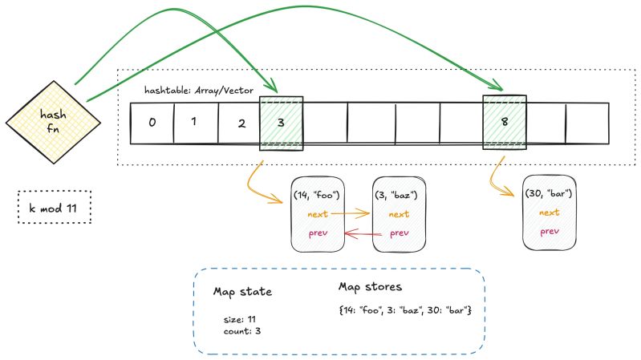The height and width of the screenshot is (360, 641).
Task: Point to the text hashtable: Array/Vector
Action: [x=197, y=91]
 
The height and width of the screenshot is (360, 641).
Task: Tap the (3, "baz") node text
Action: [x=394, y=195]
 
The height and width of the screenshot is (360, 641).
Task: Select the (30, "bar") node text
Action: [x=549, y=195]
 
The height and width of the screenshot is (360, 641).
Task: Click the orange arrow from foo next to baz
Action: [x=351, y=214]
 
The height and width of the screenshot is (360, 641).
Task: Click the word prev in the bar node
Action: [x=549, y=232]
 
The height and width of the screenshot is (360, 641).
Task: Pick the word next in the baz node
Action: [x=398, y=214]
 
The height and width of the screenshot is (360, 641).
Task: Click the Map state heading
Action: [x=243, y=292]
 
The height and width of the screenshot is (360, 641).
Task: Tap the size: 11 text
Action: [x=241, y=318]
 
